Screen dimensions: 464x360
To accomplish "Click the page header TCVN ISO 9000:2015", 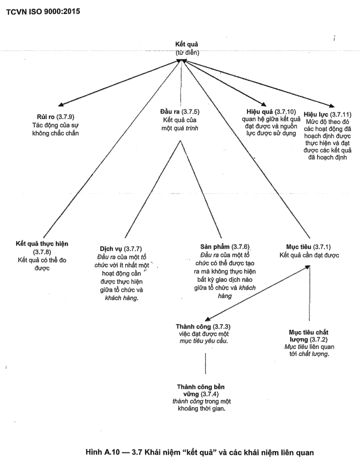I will tap(43, 11).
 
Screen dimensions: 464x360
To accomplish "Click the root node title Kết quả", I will tap(187, 44).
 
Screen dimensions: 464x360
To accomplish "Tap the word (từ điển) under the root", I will tap(187, 52).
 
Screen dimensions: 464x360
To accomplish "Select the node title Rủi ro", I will tap(46, 117).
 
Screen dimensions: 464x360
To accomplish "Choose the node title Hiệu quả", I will tap(260, 112).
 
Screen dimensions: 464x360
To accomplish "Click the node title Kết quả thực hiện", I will tap(42, 244).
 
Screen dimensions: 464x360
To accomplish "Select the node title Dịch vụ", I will tap(111, 249).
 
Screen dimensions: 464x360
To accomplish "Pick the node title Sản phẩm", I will tap(215, 247).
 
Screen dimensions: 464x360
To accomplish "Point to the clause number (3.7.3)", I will tap(221, 326).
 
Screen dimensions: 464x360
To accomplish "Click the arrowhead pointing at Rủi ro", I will tap(61, 105).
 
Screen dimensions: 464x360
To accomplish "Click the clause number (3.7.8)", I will tap(42, 252).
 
